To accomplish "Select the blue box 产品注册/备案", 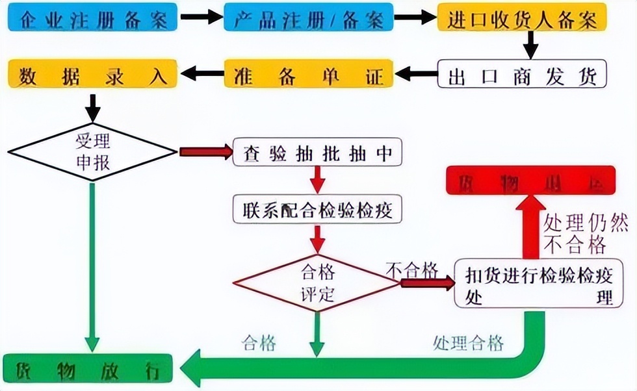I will (x=308, y=19).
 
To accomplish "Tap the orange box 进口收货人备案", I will (x=522, y=19).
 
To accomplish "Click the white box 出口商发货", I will (x=522, y=75).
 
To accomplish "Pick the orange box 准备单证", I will (x=308, y=75).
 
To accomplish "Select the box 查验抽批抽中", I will (x=317, y=152).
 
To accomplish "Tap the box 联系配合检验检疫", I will (x=317, y=209).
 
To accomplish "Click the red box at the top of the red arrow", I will (x=539, y=181).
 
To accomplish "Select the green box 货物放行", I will (x=88, y=371).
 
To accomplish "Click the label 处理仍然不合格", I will (x=575, y=234).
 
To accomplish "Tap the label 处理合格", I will (x=467, y=342).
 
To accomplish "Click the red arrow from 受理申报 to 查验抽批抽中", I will (x=205, y=152).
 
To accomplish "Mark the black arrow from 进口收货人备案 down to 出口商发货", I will (x=532, y=45).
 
